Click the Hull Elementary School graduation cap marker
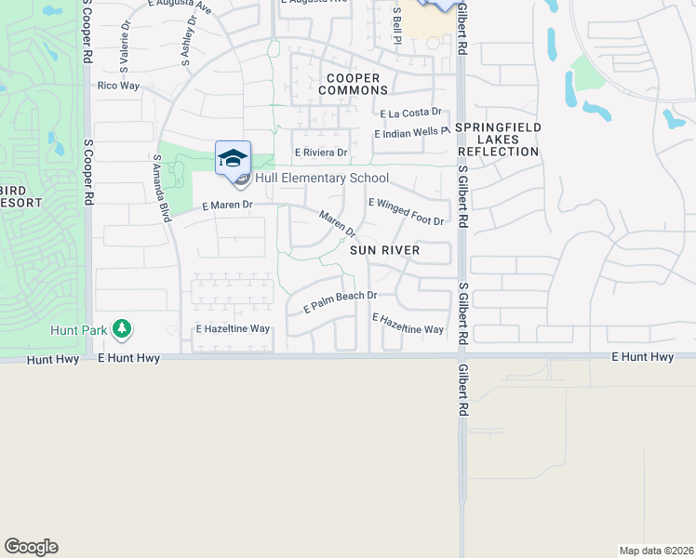(x=233, y=157)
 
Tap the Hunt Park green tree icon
(x=121, y=328)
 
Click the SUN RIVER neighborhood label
(x=385, y=250)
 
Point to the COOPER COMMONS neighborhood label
(x=353, y=85)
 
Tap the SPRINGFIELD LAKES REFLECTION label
(x=499, y=139)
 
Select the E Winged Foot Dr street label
(x=407, y=211)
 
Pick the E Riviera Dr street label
(x=321, y=153)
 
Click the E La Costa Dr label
(x=416, y=113)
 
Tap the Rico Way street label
(x=118, y=86)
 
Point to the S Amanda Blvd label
(x=163, y=188)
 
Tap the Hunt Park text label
(x=79, y=329)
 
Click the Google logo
(x=31, y=547)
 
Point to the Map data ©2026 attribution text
(x=655, y=550)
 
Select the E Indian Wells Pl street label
(x=412, y=134)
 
